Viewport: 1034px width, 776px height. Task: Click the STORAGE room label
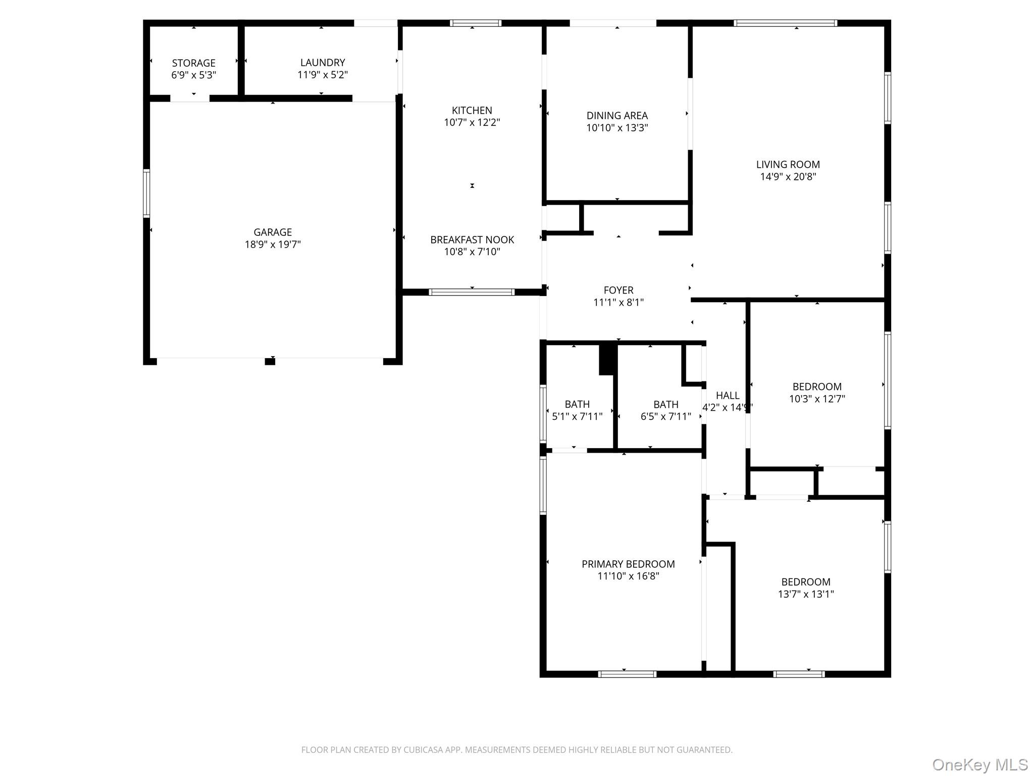coord(193,63)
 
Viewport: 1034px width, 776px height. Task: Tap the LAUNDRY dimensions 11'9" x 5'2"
coord(323,75)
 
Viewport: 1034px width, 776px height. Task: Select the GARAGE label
coord(273,232)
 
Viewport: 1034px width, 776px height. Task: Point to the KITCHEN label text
coord(472,111)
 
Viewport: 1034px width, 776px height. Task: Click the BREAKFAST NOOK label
coord(472,240)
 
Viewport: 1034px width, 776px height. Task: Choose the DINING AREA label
coord(617,116)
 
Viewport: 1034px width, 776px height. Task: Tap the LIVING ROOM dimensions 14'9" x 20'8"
coord(788,177)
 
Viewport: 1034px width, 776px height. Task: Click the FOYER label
coord(618,290)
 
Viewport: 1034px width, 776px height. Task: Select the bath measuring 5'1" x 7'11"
coord(577,410)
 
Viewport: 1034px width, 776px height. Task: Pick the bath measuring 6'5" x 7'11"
coord(665,410)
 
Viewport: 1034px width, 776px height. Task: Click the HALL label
coord(727,396)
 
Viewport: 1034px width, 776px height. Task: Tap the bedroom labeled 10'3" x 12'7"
coord(817,393)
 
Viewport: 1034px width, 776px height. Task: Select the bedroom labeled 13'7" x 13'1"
coord(806,588)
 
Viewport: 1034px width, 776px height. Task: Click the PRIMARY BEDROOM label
coord(628,564)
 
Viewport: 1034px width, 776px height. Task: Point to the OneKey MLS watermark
coord(979,765)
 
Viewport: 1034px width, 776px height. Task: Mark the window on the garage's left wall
coord(146,193)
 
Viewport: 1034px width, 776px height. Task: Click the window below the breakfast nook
coord(472,292)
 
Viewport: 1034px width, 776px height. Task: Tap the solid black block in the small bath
coord(608,359)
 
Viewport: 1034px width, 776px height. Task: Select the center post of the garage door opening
coord(270,361)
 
